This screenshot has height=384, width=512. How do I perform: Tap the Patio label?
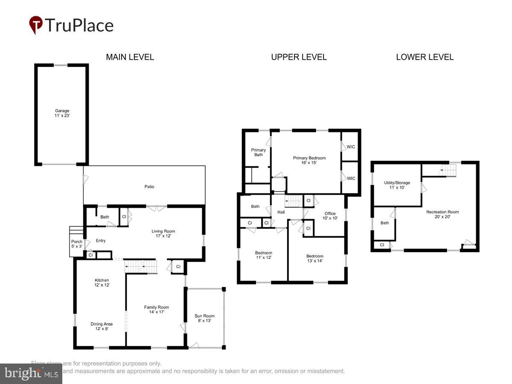pyautogui.click(x=149, y=186)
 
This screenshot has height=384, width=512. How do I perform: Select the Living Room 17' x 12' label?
pyautogui.click(x=163, y=233)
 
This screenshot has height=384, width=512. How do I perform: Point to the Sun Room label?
pyautogui.click(x=204, y=318)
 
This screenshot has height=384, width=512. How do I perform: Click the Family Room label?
pyautogui.click(x=156, y=309)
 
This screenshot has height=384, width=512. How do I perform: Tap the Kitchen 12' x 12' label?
pyautogui.click(x=102, y=282)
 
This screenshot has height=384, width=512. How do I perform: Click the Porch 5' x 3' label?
pyautogui.click(x=77, y=244)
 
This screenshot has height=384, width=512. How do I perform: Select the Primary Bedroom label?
pyautogui.click(x=309, y=160)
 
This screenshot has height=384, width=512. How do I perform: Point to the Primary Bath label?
pyautogui.click(x=258, y=152)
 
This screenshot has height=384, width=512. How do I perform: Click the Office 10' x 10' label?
pyautogui.click(x=330, y=216)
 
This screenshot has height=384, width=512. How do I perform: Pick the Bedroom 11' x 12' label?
pyautogui.click(x=263, y=255)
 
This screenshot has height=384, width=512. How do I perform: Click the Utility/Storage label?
pyautogui.click(x=397, y=185)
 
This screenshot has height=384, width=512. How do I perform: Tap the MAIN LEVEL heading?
pyautogui.click(x=130, y=57)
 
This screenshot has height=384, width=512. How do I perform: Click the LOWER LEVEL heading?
pyautogui.click(x=425, y=57)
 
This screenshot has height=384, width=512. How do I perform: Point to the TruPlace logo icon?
pyautogui.click(x=36, y=25)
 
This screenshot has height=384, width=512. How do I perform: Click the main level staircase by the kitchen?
pyautogui.click(x=141, y=267)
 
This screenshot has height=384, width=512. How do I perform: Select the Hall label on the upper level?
pyautogui.click(x=281, y=212)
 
